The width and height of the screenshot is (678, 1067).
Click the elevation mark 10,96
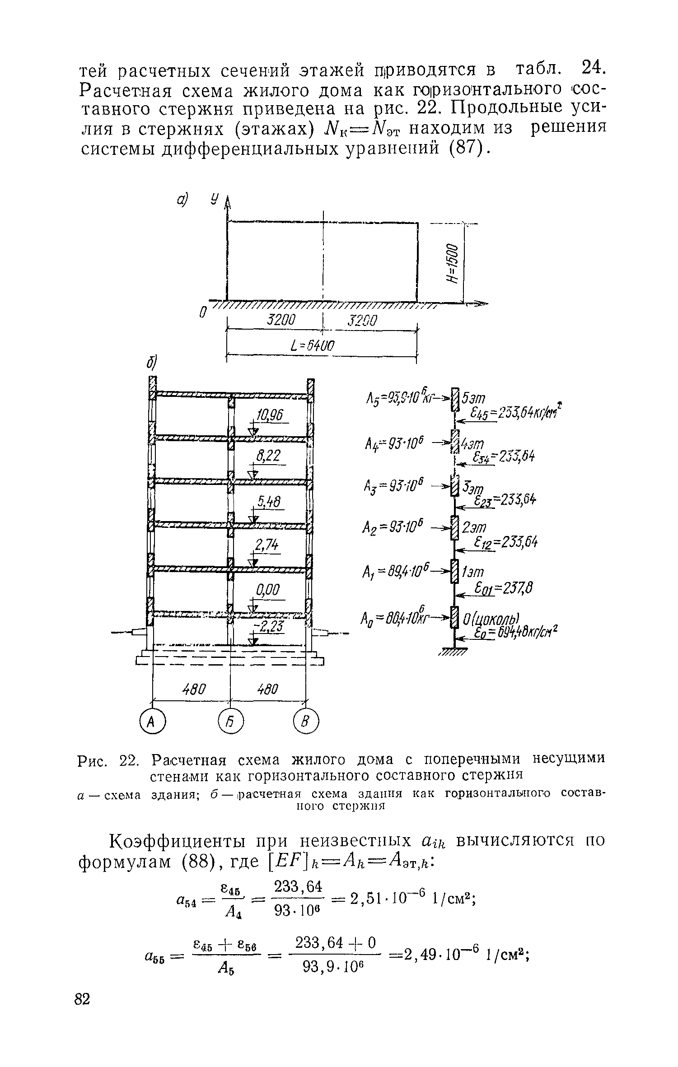click(268, 416)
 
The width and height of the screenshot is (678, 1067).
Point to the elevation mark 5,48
click(269, 501)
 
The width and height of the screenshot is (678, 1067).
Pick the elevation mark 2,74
click(267, 545)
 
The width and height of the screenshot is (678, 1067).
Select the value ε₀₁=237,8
click(503, 588)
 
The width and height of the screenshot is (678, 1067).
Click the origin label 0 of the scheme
click(203, 312)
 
